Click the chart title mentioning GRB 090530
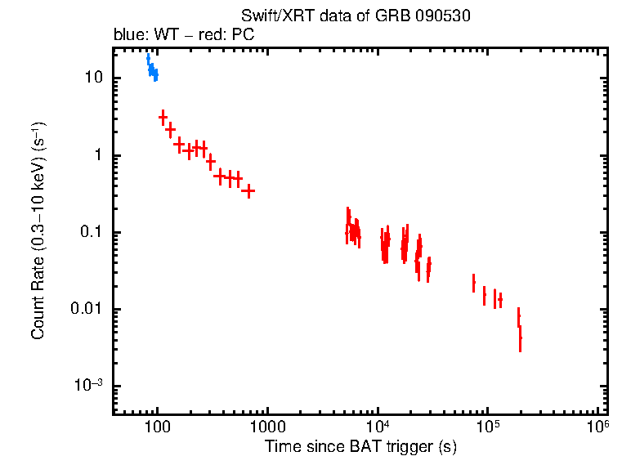tap(356, 16)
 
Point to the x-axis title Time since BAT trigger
tap(360, 446)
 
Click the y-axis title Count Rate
tap(38, 231)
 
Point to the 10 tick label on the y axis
tap(92, 78)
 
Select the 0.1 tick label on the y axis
tap(90, 232)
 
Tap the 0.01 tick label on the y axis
tap(87, 309)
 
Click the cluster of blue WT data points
tap(152, 70)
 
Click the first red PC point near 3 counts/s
tap(163, 118)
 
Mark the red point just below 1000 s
tap(248, 190)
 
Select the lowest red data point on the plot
tap(520, 338)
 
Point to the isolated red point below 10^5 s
tap(473, 283)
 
